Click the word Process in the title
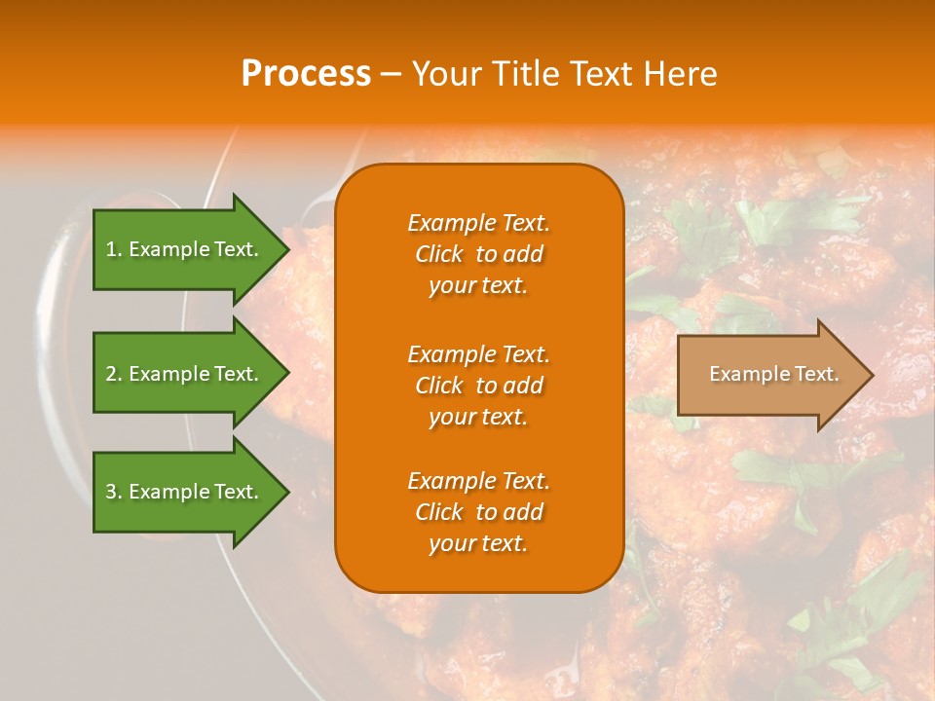click(x=306, y=74)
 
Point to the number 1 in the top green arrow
click(x=112, y=249)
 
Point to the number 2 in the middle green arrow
click(x=112, y=374)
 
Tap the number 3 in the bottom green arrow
click(x=112, y=492)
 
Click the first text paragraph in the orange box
click(x=478, y=254)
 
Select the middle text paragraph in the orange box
click(x=478, y=385)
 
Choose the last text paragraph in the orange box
click(x=478, y=512)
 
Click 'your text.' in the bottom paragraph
click(x=478, y=543)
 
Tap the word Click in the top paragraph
click(x=439, y=254)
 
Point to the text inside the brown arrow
click(x=773, y=374)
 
